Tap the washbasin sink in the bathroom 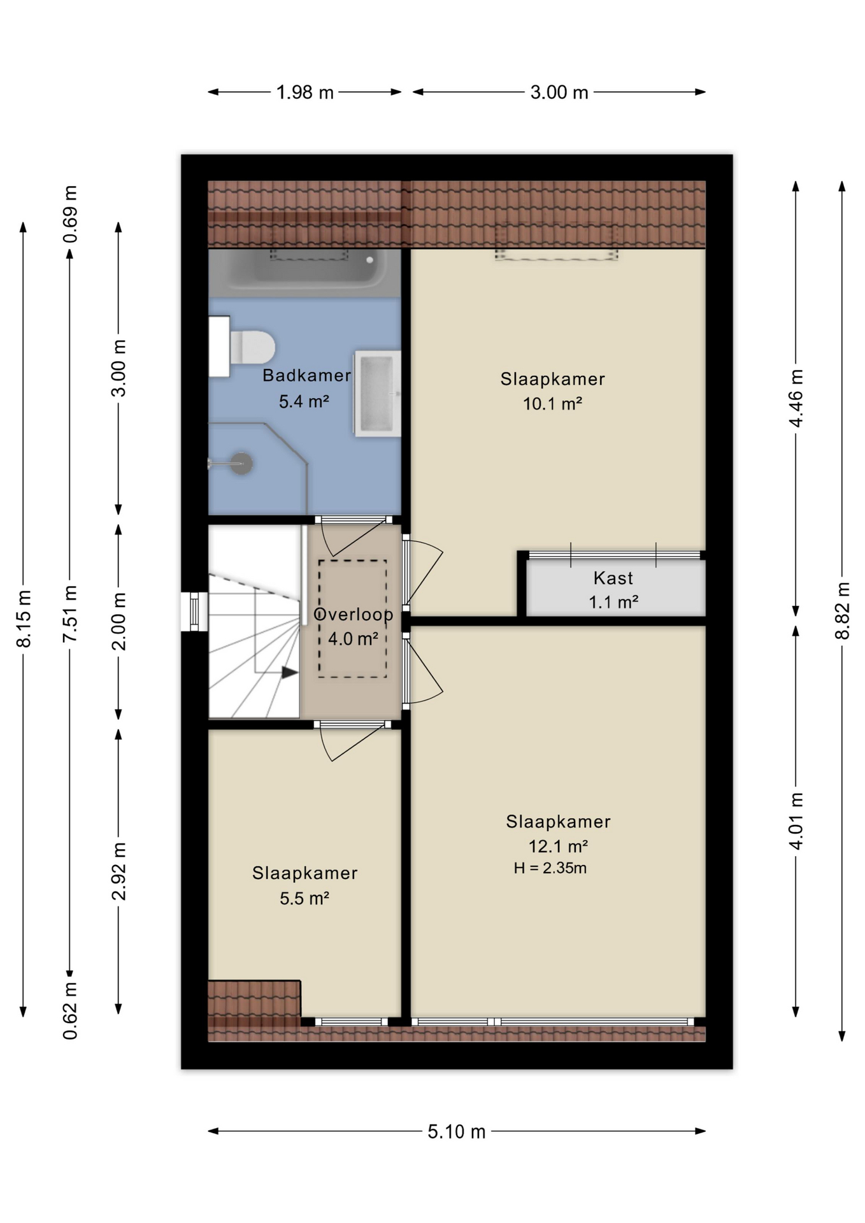[x=377, y=393]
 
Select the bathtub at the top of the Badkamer [x=304, y=273]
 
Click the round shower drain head [x=241, y=463]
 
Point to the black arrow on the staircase [x=290, y=672]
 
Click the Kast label [x=613, y=578]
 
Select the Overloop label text [x=354, y=615]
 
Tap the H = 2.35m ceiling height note [x=550, y=868]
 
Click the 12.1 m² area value [x=558, y=846]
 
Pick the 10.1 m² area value [x=553, y=403]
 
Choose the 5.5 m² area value [x=304, y=898]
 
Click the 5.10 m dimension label [x=457, y=1131]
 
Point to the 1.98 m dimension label [x=305, y=92]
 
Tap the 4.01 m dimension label [x=796, y=821]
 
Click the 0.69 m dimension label [x=70, y=214]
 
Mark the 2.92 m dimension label [x=118, y=871]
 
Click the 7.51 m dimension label [x=70, y=613]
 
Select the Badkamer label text [x=307, y=375]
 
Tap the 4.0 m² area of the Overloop [x=354, y=638]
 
